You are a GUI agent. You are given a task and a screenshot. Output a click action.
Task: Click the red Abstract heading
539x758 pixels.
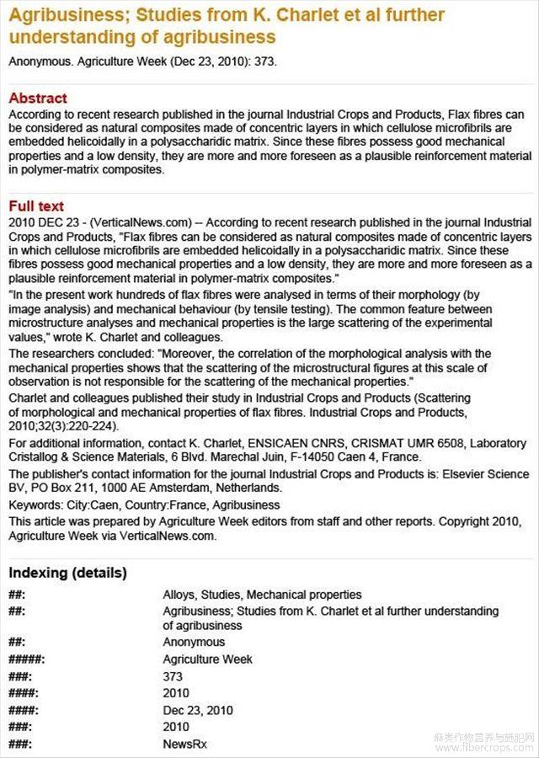pyautogui.click(x=38, y=98)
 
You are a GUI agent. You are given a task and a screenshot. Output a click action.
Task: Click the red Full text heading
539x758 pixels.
pyautogui.click(x=36, y=206)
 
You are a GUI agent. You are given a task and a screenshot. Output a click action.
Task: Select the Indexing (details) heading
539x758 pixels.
pyautogui.click(x=68, y=573)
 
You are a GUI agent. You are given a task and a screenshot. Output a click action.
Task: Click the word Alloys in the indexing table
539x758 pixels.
pyautogui.click(x=180, y=595)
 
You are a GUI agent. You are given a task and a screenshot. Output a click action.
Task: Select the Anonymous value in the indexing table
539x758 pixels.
pyautogui.click(x=194, y=642)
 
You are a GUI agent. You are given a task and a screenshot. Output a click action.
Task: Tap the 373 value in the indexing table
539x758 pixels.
pyautogui.click(x=173, y=676)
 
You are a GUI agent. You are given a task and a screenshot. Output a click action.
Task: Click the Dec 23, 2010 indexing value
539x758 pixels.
pyautogui.click(x=198, y=710)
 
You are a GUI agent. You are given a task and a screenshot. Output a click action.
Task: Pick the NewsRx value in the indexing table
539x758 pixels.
pyautogui.click(x=184, y=745)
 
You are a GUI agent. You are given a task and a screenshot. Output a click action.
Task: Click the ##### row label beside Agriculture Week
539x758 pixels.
pyautogui.click(x=26, y=659)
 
